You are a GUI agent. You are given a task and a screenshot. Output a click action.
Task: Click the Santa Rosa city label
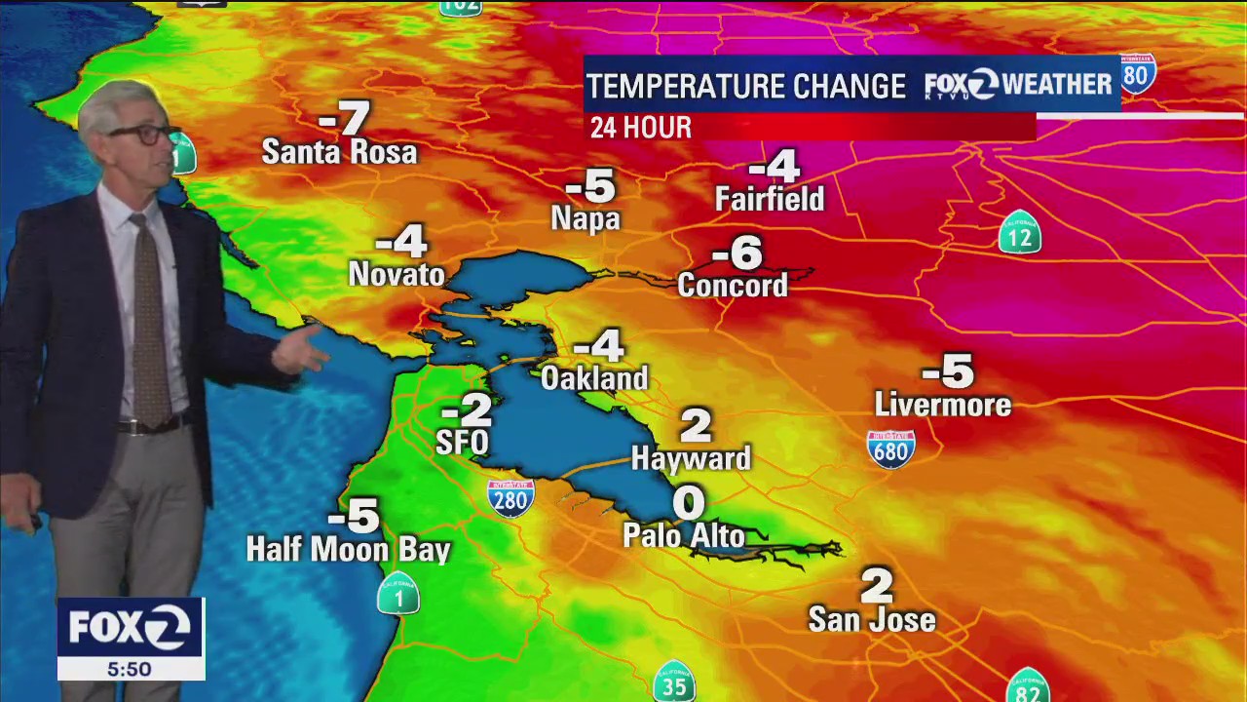pos(339,152)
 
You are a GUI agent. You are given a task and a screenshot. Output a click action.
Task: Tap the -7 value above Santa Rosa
pos(345,119)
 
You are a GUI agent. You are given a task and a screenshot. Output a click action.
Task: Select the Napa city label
pos(586,218)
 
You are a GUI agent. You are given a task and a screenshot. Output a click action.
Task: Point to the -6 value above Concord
pos(737,253)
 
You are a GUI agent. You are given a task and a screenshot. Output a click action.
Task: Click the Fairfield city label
pos(770,200)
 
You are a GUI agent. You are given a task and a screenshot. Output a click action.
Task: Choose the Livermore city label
pos(943,405)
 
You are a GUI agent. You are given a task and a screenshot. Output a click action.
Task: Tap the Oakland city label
pos(594,378)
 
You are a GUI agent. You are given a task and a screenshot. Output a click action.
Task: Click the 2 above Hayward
pos(696,425)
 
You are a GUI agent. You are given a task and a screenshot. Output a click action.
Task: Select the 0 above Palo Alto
pos(689,503)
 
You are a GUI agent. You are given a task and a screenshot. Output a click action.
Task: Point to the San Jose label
pos(872,619)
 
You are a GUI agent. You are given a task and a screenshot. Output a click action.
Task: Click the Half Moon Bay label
pos(348,550)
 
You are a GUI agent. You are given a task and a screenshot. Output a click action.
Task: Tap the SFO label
pos(462,443)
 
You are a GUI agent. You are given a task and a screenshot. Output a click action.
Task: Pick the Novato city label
pos(397,275)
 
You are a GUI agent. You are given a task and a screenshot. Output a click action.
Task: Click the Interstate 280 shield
pos(510,497)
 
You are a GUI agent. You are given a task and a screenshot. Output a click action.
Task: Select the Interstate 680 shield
pos(890,449)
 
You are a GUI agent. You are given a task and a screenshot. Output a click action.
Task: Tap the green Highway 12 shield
pos(1020,233)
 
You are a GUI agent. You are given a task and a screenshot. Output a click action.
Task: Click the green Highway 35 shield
pos(674,682)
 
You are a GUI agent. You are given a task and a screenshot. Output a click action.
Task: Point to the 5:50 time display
pos(130,670)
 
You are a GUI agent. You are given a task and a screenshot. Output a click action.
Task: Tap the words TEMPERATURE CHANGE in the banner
pos(746,87)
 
